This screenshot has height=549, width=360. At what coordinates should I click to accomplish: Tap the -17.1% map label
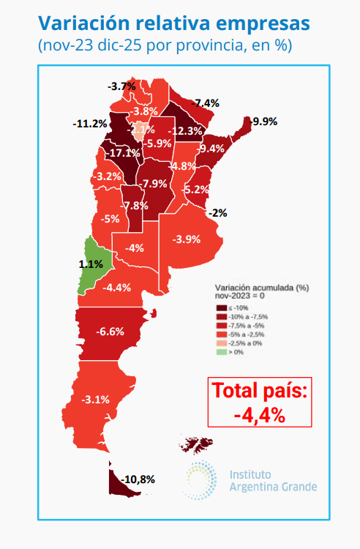click(121, 153)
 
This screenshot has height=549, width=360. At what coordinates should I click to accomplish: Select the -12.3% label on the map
click(184, 131)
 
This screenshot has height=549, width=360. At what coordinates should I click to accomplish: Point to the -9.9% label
click(263, 122)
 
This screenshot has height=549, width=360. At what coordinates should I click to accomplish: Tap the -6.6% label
click(110, 331)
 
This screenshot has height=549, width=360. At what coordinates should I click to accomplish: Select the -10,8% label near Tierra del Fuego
click(137, 479)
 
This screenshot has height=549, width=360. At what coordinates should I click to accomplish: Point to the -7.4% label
click(206, 102)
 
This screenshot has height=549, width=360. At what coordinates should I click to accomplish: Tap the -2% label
click(217, 213)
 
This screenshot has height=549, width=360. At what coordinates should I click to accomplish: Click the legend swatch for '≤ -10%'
click(220, 308)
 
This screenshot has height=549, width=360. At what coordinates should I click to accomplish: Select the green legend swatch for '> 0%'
click(220, 352)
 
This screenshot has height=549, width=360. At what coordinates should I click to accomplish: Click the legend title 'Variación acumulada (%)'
click(255, 288)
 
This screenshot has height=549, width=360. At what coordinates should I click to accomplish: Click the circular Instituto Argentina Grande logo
click(200, 481)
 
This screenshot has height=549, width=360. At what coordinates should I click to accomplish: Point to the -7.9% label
click(154, 184)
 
